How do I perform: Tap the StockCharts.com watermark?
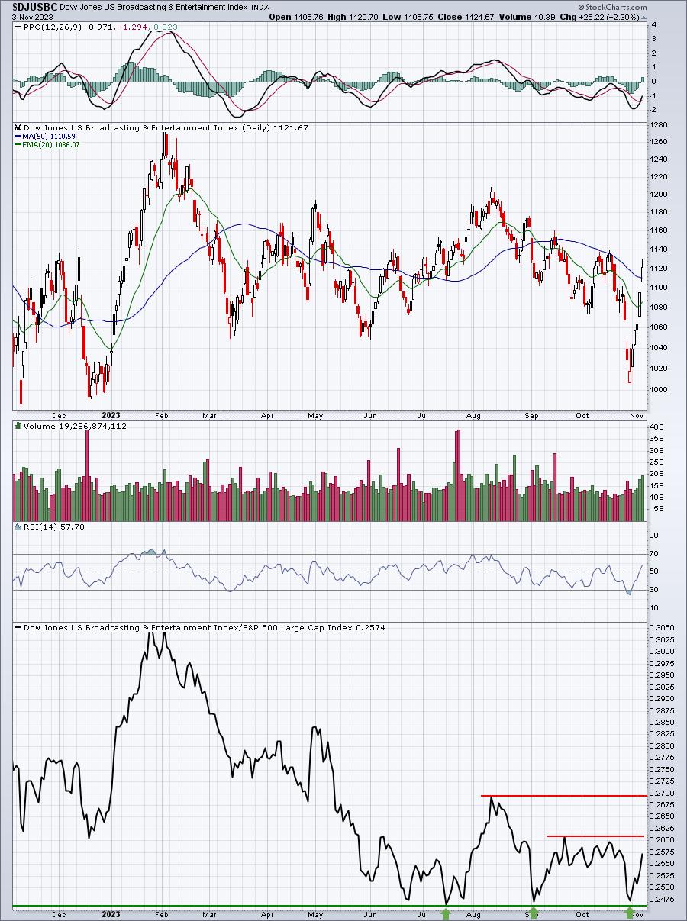point(612,7)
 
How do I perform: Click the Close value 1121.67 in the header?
point(466,18)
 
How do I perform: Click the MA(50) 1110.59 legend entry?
point(45,137)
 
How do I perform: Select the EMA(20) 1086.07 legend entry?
point(47,145)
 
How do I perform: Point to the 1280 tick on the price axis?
point(659,125)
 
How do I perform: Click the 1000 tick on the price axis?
point(659,389)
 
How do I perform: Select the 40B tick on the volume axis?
point(656,427)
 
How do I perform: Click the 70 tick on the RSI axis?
point(654,554)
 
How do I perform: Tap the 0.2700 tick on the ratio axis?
point(662,794)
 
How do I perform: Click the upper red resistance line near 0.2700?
point(563,796)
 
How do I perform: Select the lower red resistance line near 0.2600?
point(595,836)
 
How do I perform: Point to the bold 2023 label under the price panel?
point(111,415)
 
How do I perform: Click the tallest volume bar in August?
point(458,475)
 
